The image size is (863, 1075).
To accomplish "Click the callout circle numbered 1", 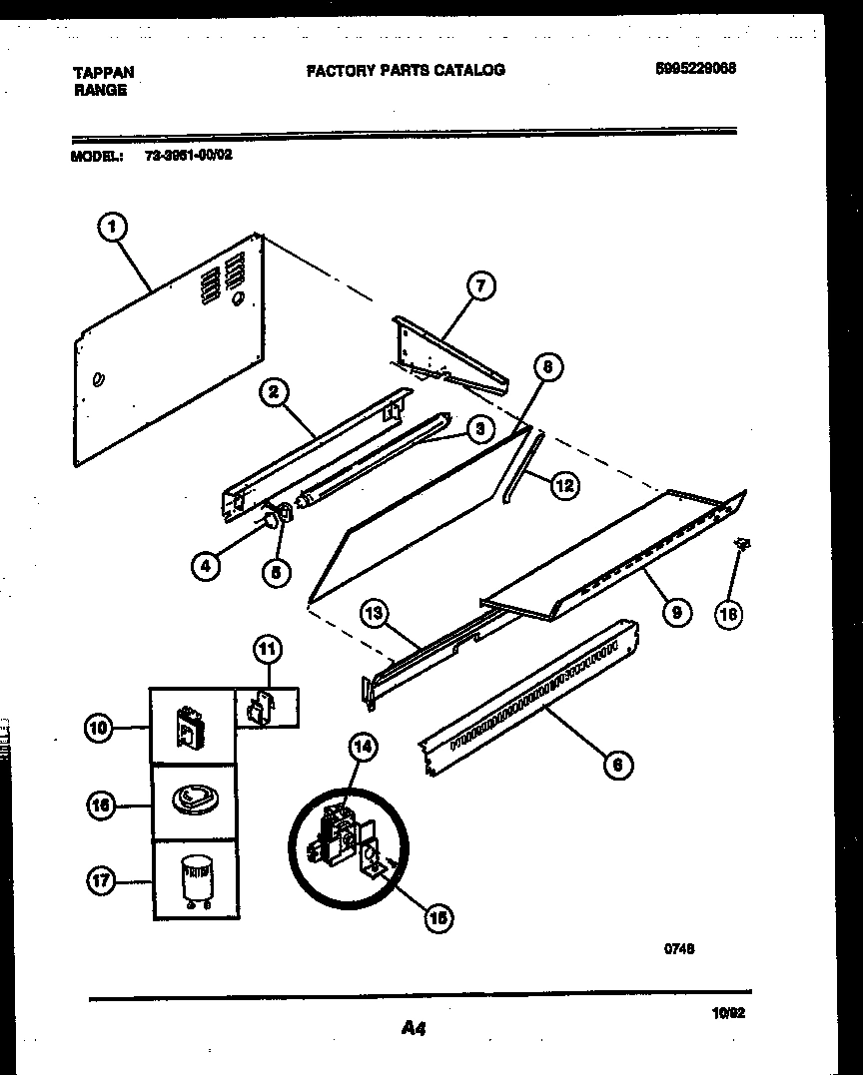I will tap(112, 228).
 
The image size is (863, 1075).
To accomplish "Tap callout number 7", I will tap(480, 286).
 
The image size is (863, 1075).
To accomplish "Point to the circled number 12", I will tap(564, 486).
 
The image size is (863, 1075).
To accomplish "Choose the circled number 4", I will tap(205, 567).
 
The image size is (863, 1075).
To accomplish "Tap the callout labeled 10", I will tap(98, 730).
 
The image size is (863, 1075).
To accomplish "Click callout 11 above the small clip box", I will tap(267, 651).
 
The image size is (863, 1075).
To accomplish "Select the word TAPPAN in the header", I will tap(104, 72).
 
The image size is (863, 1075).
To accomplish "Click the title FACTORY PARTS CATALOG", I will tap(405, 70).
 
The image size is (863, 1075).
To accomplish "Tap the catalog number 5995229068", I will tap(696, 69).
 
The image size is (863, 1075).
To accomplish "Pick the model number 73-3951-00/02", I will tap(182, 156).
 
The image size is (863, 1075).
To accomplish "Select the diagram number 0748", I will tap(679, 949).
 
